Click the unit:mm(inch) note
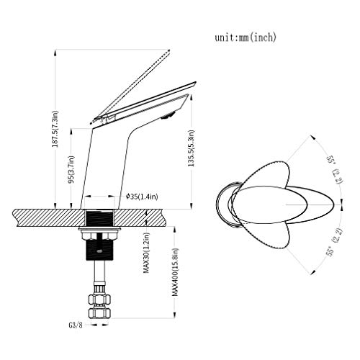pos(246,37)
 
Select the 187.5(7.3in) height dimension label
pos(55,129)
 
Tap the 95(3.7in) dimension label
pos(71,169)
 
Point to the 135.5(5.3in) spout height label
pos(191,148)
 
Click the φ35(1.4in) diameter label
pos(142,197)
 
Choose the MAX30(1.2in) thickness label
pos(146,253)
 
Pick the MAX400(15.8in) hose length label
pos(175,272)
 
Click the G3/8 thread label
pos(76,325)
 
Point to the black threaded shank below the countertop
pos(99,250)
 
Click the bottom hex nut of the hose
pos(99,312)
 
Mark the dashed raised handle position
pos(131,86)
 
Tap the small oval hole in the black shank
pos(99,251)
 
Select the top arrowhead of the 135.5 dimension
pos(192,98)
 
